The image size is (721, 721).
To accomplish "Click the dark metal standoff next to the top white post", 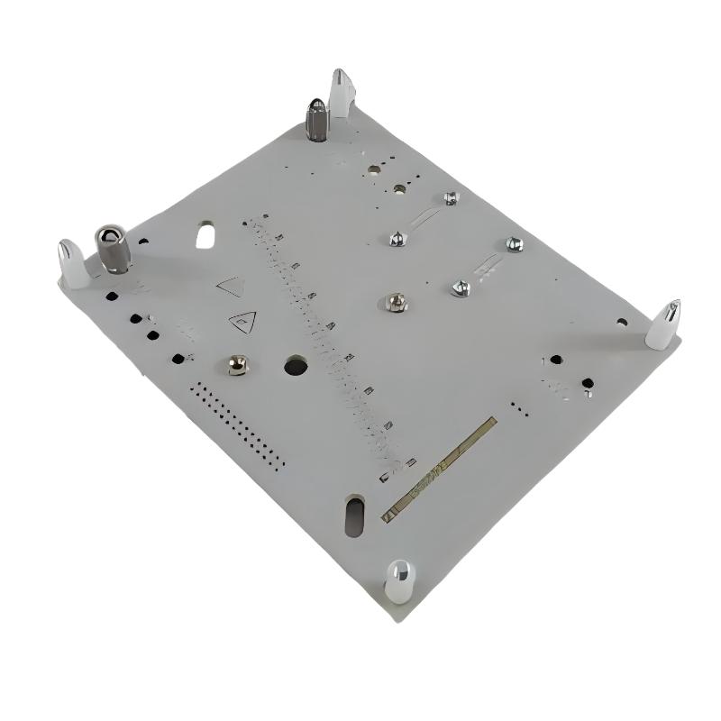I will (x=317, y=118).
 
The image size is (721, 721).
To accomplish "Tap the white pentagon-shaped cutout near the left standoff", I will (x=205, y=236).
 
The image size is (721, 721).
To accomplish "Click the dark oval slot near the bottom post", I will (x=354, y=515).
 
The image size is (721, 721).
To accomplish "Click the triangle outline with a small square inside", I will (x=244, y=318).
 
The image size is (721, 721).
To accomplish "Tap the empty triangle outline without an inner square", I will (x=232, y=286).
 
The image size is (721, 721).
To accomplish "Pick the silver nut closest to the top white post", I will (x=451, y=197).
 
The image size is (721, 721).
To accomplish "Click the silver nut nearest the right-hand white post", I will (x=514, y=243).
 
